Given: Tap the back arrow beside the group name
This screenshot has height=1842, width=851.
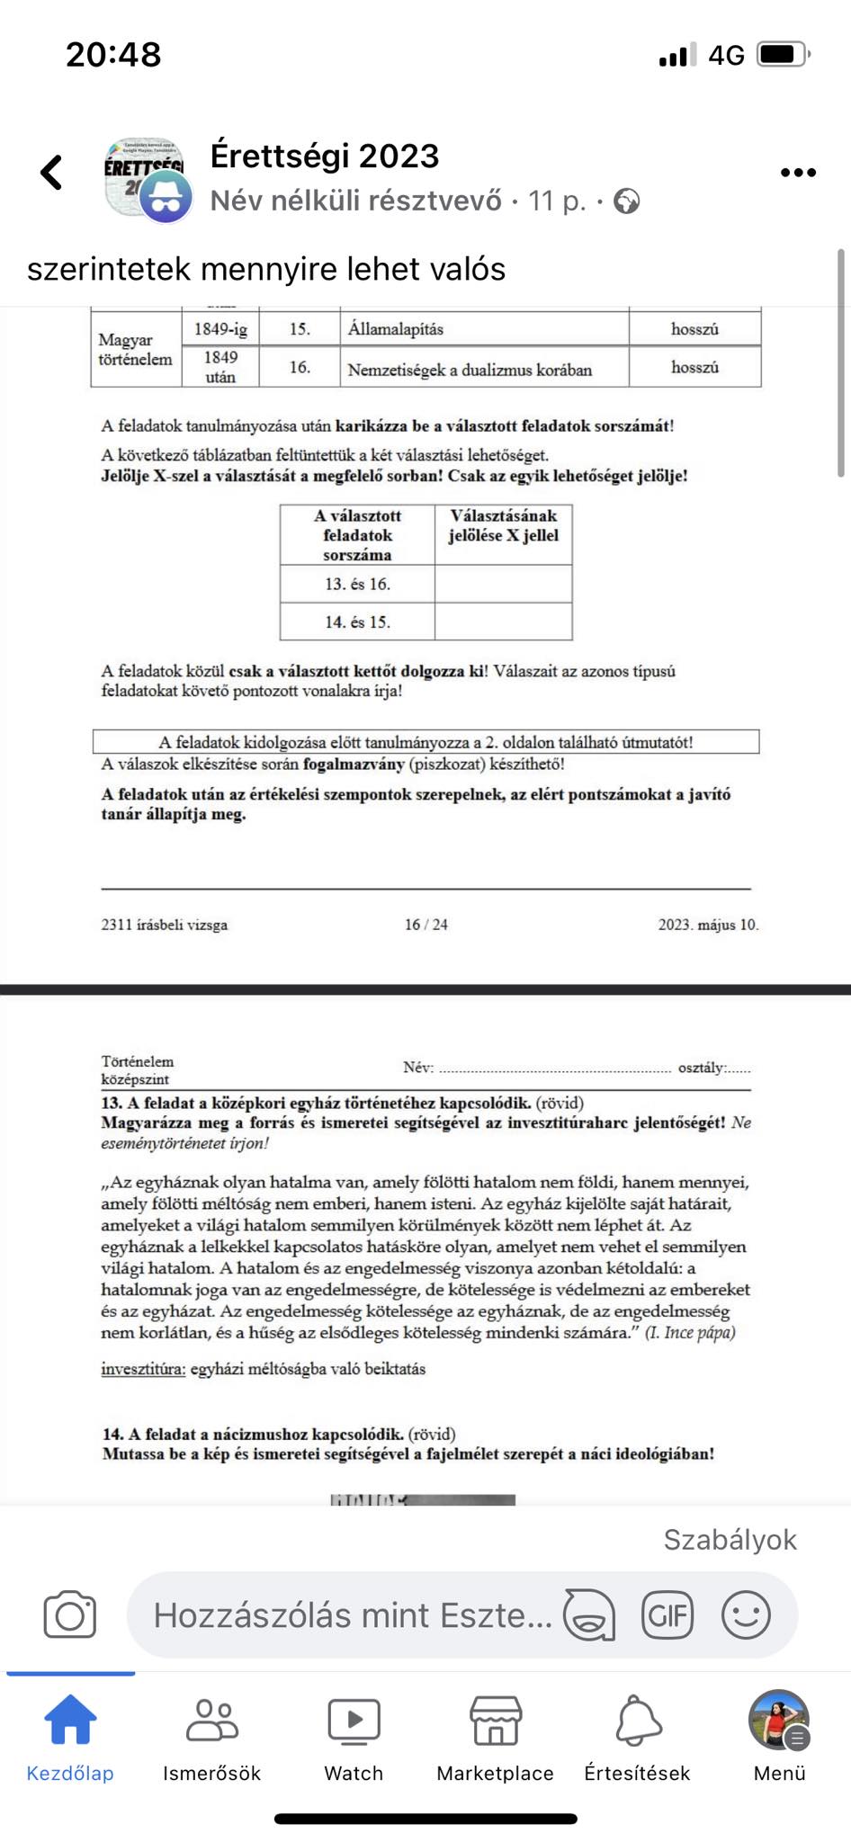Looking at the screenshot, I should pyautogui.click(x=52, y=173).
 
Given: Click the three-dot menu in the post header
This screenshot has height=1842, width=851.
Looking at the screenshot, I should pyautogui.click(x=798, y=173).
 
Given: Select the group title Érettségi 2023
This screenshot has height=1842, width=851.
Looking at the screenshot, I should pyautogui.click(x=325, y=156).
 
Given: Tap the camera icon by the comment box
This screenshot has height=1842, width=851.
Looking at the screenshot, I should pyautogui.click(x=70, y=1614).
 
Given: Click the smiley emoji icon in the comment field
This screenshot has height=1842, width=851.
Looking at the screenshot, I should pyautogui.click(x=746, y=1614).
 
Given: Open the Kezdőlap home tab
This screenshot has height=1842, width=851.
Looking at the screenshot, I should pyautogui.click(x=70, y=1736).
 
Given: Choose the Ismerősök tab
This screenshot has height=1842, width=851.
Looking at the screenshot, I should pyautogui.click(x=211, y=1736).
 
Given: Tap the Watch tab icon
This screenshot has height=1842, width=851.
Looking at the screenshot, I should pyautogui.click(x=354, y=1736).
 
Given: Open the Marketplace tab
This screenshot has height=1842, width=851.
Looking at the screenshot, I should pyautogui.click(x=495, y=1736).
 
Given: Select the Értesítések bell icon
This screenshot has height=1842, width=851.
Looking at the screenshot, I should pyautogui.click(x=638, y=1736).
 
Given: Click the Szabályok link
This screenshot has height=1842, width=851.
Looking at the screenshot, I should pyautogui.click(x=730, y=1540).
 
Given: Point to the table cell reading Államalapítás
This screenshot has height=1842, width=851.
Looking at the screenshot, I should pyautogui.click(x=396, y=329).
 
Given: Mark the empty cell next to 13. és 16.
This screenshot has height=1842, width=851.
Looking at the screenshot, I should pyautogui.click(x=503, y=584).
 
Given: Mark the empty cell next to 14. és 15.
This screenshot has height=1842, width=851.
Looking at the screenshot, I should pyautogui.click(x=503, y=621).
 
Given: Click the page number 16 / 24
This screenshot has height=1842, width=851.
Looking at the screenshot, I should pyautogui.click(x=426, y=925).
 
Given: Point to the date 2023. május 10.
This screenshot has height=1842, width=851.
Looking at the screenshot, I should pyautogui.click(x=708, y=925).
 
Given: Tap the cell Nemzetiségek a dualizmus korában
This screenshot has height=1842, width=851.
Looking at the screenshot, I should pyautogui.click(x=470, y=370).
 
